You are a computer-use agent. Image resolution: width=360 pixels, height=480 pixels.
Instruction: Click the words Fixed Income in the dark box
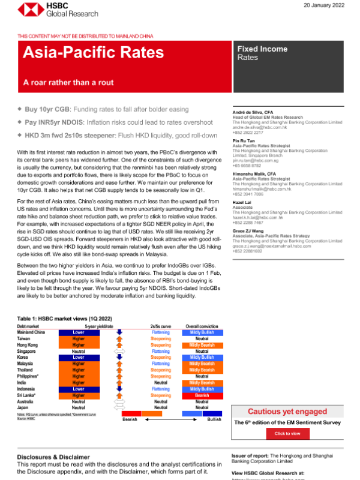pos(262,49)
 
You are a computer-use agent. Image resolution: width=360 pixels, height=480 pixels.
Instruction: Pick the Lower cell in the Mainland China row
pos(79,332)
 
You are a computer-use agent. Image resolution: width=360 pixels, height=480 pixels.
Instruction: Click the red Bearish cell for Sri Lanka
pos(202,396)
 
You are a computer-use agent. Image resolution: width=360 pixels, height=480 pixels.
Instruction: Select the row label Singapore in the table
pos(28,351)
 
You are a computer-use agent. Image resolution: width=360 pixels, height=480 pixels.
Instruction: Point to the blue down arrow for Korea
pos(118,358)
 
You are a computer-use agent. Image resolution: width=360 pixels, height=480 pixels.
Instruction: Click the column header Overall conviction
pos(202,326)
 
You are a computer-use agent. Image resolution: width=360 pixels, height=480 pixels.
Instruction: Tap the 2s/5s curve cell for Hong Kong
pos(160,345)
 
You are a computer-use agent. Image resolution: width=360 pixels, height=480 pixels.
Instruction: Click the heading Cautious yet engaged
pos(287,411)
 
